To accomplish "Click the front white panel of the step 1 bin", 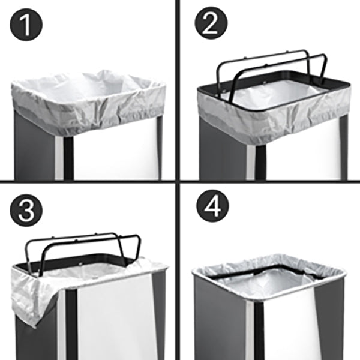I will click(114, 150).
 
